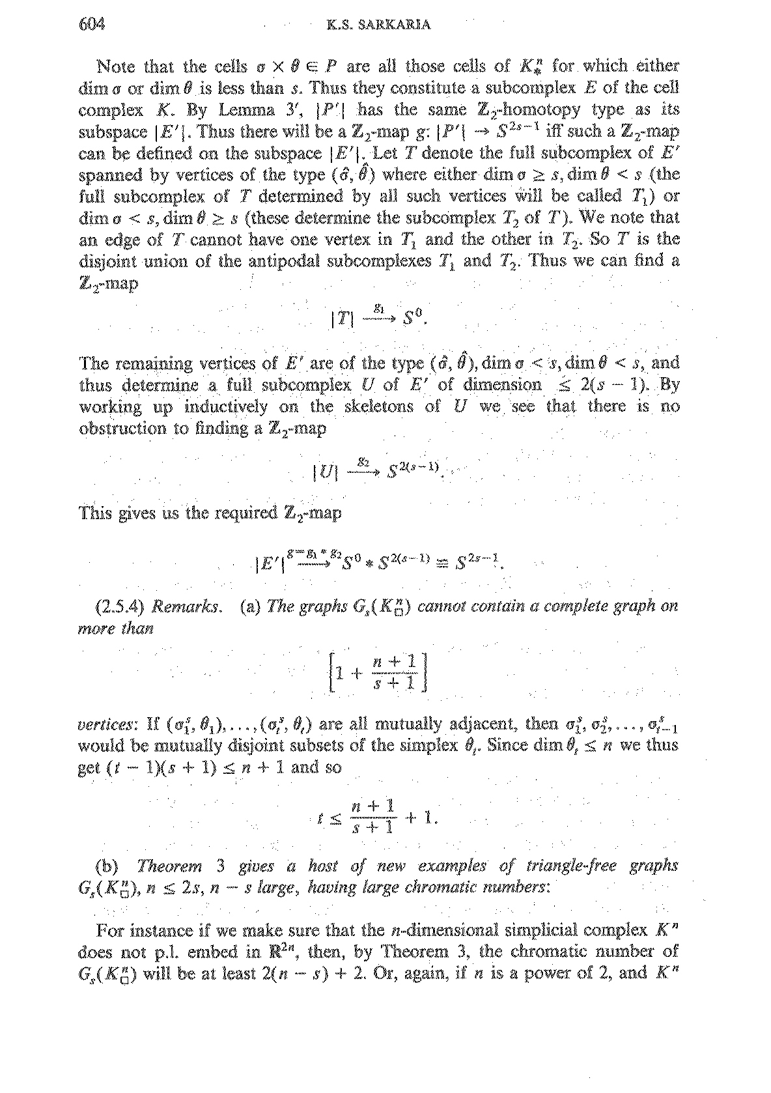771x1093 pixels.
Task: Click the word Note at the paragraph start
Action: tap(117, 66)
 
